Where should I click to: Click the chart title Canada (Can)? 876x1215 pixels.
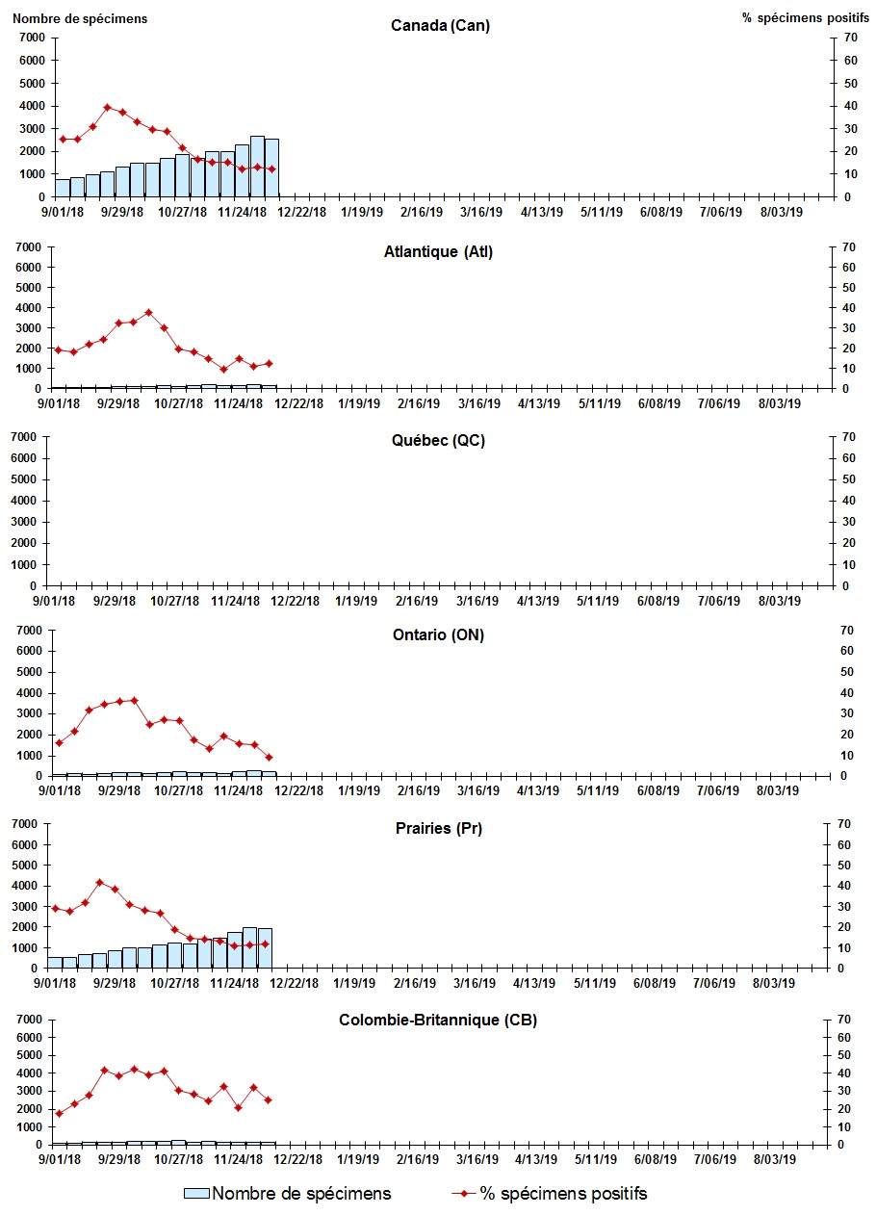point(440,26)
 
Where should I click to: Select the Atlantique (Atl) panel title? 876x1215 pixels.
point(438,252)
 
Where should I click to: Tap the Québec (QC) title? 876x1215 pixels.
point(437,441)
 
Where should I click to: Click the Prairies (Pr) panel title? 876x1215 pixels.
point(437,828)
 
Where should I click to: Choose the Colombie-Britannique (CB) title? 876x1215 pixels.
point(437,1020)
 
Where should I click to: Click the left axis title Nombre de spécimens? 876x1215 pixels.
point(80,18)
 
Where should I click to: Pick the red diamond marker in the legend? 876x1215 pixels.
point(465,1194)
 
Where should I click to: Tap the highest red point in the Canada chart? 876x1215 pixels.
point(108,107)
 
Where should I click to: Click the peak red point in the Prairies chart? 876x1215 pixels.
point(99,882)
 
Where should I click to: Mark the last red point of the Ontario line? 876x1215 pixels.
point(270,757)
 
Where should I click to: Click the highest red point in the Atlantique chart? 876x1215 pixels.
point(148,312)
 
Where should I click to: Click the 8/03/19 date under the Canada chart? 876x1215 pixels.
point(782,212)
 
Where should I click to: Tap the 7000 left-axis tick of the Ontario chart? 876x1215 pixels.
point(32,630)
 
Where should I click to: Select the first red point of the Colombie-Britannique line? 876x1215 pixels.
point(59,1113)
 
